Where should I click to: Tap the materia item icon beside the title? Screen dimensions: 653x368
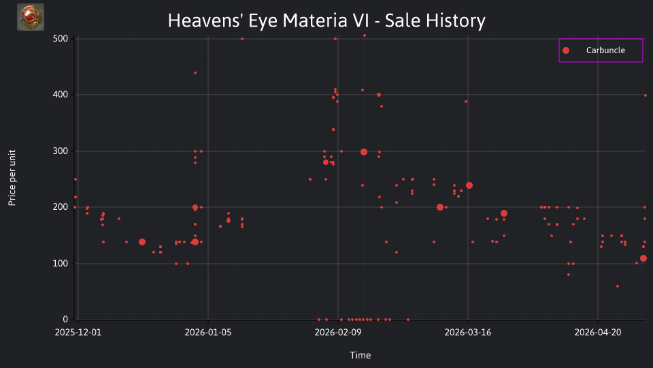[x=31, y=17]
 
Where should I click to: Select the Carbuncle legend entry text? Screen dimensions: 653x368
[x=605, y=50]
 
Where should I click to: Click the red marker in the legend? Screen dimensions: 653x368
[x=565, y=50]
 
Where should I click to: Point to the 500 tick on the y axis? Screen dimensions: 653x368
[x=61, y=38]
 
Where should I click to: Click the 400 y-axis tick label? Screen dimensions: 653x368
[x=61, y=95]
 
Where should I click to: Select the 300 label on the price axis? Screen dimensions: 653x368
[x=61, y=151]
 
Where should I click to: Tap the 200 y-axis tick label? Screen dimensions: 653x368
[x=61, y=207]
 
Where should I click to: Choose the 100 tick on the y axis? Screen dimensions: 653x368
[x=61, y=263]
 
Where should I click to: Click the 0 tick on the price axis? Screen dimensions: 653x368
[x=65, y=319]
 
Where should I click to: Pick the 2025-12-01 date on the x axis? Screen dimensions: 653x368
[x=78, y=332]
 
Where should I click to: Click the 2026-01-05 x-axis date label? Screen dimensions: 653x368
[x=208, y=332]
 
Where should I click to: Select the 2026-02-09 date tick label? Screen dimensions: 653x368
[x=338, y=332]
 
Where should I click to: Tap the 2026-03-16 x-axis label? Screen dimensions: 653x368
[x=468, y=332]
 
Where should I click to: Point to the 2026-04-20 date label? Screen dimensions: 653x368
[x=598, y=332]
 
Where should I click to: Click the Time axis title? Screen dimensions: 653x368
[x=361, y=355]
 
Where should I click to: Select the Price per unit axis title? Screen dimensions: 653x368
[x=12, y=178]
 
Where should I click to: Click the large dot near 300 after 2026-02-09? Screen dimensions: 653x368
[x=363, y=152]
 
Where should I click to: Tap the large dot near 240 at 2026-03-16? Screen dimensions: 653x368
[x=469, y=185]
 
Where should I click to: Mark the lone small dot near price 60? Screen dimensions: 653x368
[x=618, y=286]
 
